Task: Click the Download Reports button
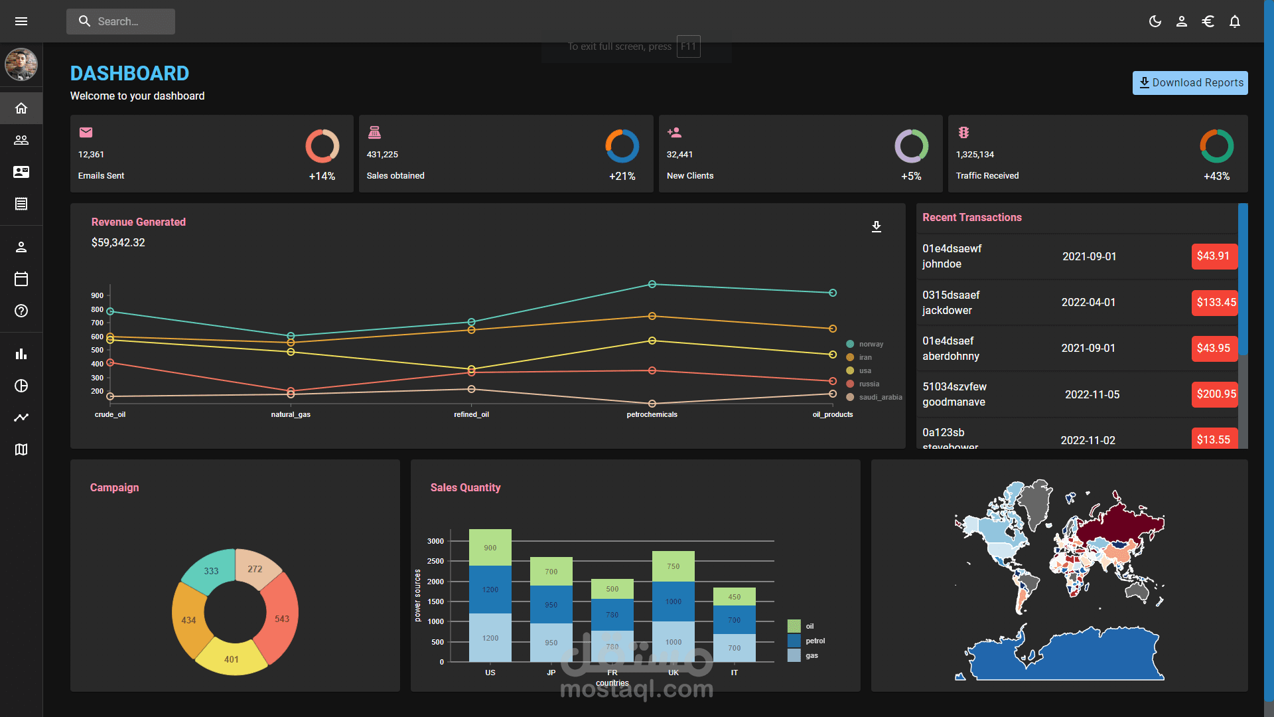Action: pyautogui.click(x=1190, y=83)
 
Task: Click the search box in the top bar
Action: pyautogui.click(x=121, y=21)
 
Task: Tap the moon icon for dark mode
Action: pyautogui.click(x=1155, y=21)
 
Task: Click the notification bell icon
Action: pyautogui.click(x=1235, y=21)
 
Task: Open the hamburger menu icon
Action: pyautogui.click(x=21, y=21)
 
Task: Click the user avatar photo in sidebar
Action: pyautogui.click(x=21, y=64)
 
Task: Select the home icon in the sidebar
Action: pyautogui.click(x=21, y=108)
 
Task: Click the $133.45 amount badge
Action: pyautogui.click(x=1215, y=302)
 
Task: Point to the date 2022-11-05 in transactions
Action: pyautogui.click(x=1092, y=394)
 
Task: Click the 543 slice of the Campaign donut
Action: pyautogui.click(x=281, y=618)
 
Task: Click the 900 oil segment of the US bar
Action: pyautogui.click(x=490, y=548)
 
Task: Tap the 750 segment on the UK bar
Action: pyautogui.click(x=673, y=566)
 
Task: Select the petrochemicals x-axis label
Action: pyautogui.click(x=652, y=414)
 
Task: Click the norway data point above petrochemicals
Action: pyautogui.click(x=652, y=284)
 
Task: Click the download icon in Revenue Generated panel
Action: pyautogui.click(x=877, y=227)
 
